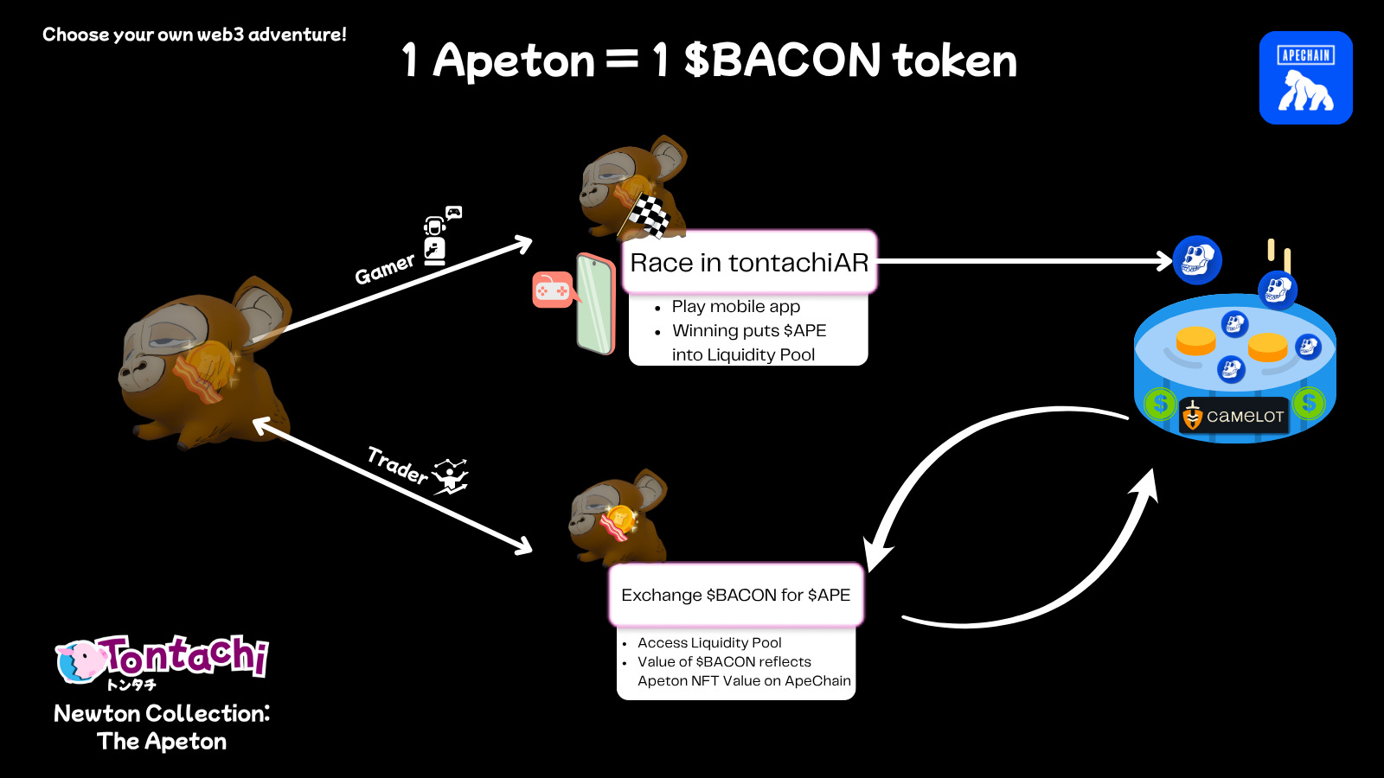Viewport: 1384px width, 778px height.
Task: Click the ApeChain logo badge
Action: (x=1305, y=78)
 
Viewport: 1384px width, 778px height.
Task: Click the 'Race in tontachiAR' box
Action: (x=749, y=262)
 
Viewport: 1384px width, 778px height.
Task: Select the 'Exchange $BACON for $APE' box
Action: (x=736, y=595)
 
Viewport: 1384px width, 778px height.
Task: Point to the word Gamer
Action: (x=385, y=269)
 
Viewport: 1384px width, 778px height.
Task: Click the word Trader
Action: (x=397, y=465)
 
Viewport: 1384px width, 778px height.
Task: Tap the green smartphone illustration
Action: (x=595, y=303)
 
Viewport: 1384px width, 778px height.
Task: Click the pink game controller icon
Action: (x=552, y=290)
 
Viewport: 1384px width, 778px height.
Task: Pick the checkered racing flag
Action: (x=649, y=215)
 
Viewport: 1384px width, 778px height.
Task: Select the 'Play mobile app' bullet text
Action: (x=735, y=306)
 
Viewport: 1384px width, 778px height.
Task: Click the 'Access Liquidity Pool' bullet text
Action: (x=709, y=642)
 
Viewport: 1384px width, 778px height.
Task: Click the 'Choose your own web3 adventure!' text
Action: (x=195, y=35)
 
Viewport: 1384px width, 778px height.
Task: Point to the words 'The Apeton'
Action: (x=162, y=742)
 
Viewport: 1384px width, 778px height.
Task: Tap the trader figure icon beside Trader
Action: (x=451, y=476)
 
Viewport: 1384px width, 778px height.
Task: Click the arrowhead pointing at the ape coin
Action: (x=1164, y=261)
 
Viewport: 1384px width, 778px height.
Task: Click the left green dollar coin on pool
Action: (x=1160, y=404)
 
